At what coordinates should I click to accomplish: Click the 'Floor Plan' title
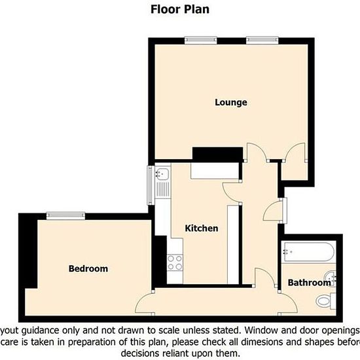pyautogui.click(x=179, y=9)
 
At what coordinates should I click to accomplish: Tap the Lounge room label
pyautogui.click(x=231, y=103)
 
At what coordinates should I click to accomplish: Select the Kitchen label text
pyautogui.click(x=202, y=228)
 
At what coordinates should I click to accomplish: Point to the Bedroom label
pyautogui.click(x=88, y=269)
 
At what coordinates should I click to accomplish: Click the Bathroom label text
pyautogui.click(x=310, y=283)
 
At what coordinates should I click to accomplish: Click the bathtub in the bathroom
pyautogui.click(x=308, y=251)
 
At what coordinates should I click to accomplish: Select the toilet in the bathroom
pyautogui.click(x=325, y=301)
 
